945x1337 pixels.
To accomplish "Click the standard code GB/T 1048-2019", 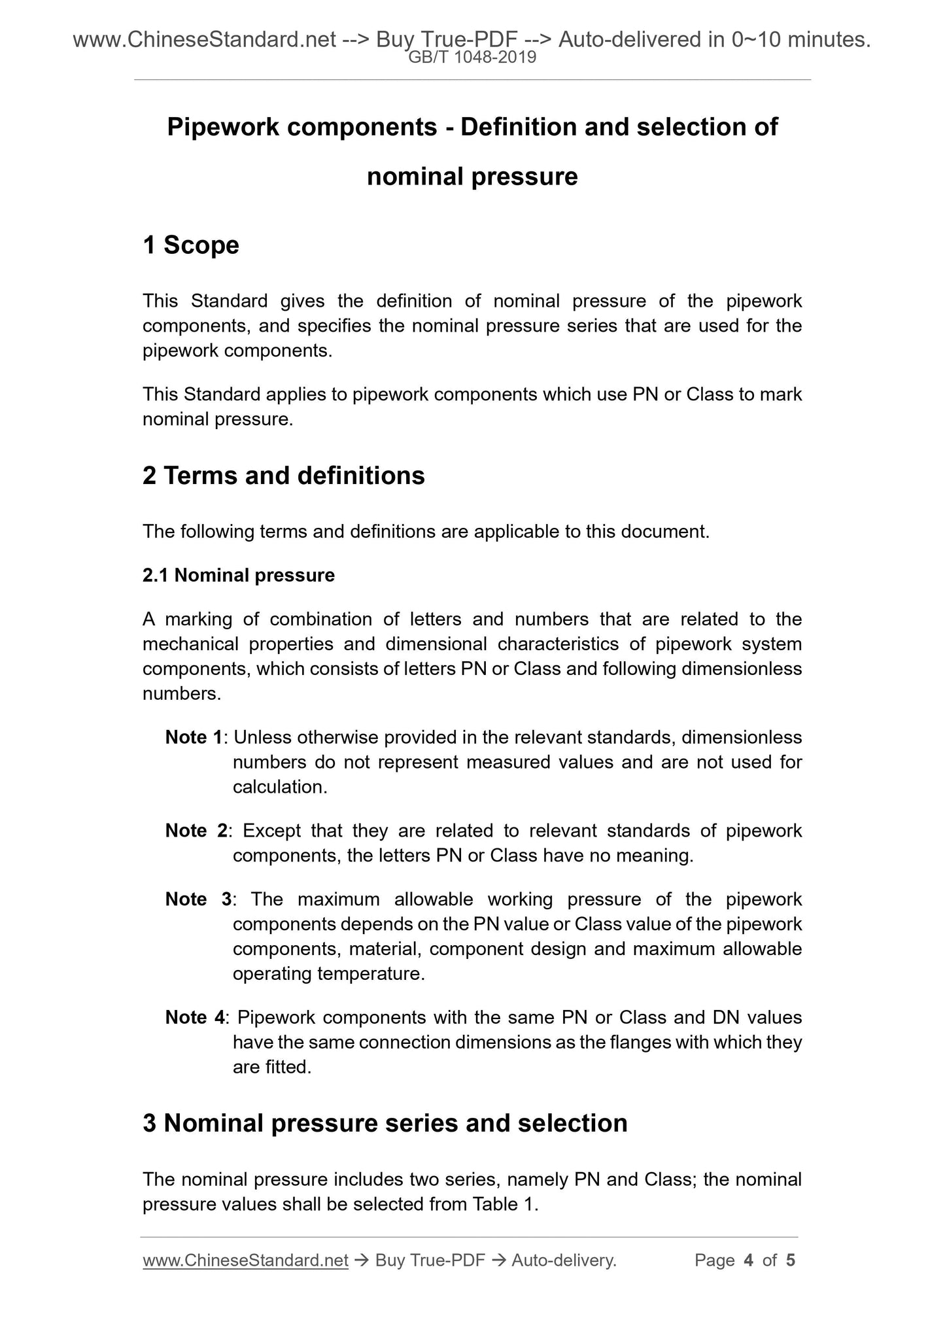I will [x=472, y=58].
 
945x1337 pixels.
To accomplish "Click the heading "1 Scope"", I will [x=191, y=245].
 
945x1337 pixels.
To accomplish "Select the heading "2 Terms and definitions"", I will [x=283, y=476].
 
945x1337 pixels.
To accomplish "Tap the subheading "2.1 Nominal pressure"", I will [x=239, y=576].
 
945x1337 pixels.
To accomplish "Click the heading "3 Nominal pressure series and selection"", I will [x=385, y=1123].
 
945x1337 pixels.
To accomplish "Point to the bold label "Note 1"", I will [x=194, y=738].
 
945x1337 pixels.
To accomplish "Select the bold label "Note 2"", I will [x=196, y=831].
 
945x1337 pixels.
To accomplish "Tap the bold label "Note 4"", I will [x=195, y=1018].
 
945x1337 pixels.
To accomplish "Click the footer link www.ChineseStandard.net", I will [x=245, y=1260].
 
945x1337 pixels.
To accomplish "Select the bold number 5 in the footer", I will [x=791, y=1260].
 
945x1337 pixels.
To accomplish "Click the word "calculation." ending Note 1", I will [x=280, y=787].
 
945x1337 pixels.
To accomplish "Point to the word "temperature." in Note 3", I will [x=371, y=974].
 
